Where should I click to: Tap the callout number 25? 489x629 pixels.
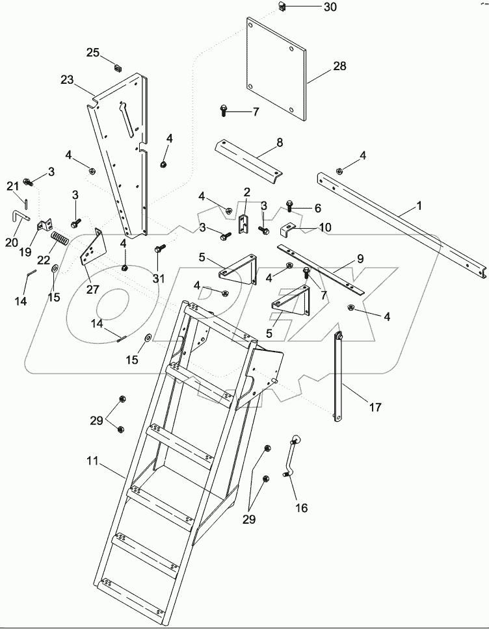click(x=93, y=52)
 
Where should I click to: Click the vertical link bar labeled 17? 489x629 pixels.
click(x=339, y=377)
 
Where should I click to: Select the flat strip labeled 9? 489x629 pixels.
click(x=319, y=266)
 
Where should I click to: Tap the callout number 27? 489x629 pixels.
click(x=93, y=289)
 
